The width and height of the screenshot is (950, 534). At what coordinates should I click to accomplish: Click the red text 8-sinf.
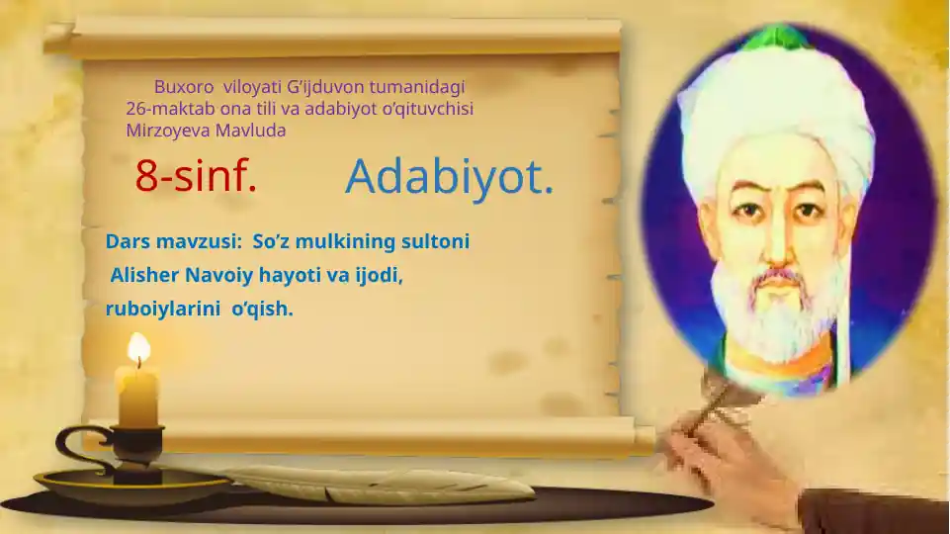tap(196, 177)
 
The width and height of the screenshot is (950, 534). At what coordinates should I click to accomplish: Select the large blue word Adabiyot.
tap(449, 177)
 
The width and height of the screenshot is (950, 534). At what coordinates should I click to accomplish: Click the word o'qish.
tap(262, 309)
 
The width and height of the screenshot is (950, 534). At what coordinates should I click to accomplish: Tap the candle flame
tap(138, 348)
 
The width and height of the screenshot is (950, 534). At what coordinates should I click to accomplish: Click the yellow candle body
tap(136, 396)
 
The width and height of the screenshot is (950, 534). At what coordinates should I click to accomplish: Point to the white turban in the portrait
tap(771, 109)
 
